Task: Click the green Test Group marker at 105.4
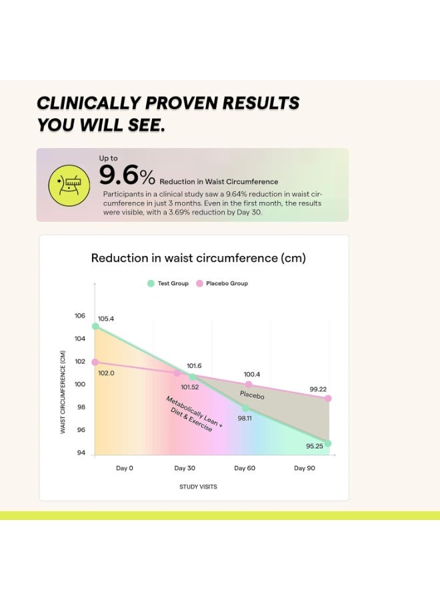click(95, 327)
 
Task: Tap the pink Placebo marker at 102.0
click(95, 362)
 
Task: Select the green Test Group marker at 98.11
click(245, 408)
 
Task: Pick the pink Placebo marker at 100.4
click(249, 384)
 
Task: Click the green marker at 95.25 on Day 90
click(327, 443)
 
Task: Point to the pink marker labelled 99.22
click(328, 399)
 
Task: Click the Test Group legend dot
click(151, 283)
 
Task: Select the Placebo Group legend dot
click(199, 283)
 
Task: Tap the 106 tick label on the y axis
click(80, 316)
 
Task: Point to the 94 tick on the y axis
click(81, 453)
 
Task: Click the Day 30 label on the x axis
click(185, 468)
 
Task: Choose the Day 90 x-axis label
click(305, 468)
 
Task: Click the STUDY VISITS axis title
click(198, 487)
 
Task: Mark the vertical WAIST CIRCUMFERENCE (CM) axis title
click(63, 392)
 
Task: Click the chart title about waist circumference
click(198, 258)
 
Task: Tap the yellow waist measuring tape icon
click(69, 185)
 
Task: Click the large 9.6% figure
click(127, 175)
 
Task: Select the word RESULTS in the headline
click(261, 103)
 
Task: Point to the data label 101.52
click(190, 387)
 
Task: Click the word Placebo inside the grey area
click(252, 395)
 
